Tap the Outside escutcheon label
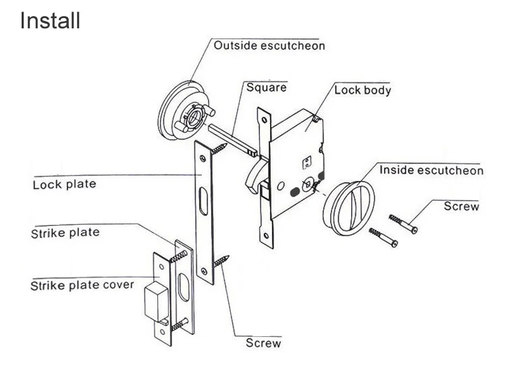pos(269,46)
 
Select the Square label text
pos(266,87)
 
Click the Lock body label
pos(363,89)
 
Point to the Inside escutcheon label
pos(431,170)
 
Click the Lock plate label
pos(65,184)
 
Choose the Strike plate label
pos(65,233)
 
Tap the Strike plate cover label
pos(82,284)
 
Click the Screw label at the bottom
pos(263,342)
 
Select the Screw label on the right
pos(461,207)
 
